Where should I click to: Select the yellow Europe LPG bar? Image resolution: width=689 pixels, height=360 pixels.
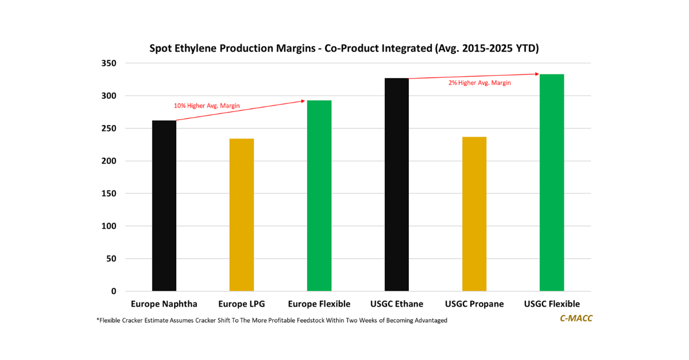tap(242, 215)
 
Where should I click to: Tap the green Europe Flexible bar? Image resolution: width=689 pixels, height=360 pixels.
tap(319, 195)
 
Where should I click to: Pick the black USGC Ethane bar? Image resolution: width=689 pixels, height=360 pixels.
tap(397, 184)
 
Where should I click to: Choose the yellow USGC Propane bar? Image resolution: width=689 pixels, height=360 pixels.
tap(474, 214)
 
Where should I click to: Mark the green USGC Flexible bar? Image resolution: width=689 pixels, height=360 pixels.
tap(552, 183)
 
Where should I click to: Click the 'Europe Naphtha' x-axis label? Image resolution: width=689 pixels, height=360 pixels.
tap(164, 304)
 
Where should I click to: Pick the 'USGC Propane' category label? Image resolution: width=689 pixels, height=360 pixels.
tap(474, 304)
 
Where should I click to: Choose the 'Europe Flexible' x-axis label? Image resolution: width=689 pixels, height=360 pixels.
tap(319, 304)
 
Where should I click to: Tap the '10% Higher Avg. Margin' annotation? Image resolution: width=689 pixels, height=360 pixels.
tap(207, 106)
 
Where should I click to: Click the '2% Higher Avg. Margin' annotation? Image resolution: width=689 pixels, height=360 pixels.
tap(479, 83)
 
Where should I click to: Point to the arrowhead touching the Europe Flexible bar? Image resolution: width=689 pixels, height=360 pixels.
tap(304, 101)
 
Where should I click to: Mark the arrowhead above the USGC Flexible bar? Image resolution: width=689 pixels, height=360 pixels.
tap(537, 73)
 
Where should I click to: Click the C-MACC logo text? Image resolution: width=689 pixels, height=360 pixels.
tap(576, 318)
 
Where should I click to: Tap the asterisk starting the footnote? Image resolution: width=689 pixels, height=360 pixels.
tap(98, 320)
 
